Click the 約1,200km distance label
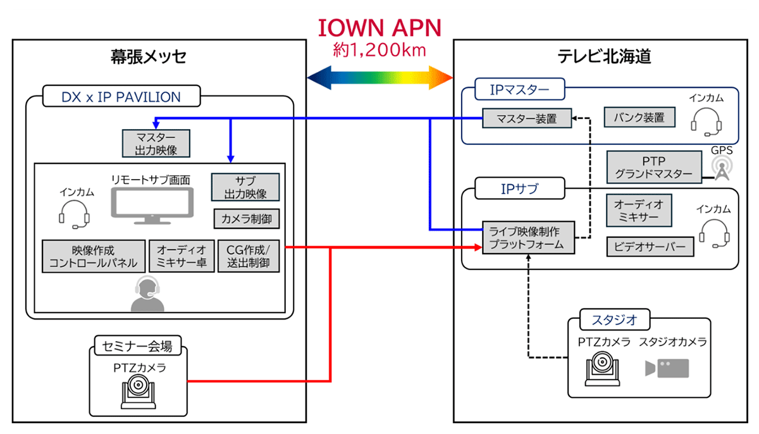(x=379, y=49)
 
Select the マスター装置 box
(x=526, y=118)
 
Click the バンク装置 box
(x=639, y=118)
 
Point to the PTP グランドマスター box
(x=654, y=167)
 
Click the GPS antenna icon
(x=720, y=168)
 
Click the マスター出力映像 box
(x=155, y=144)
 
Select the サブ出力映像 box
(x=245, y=187)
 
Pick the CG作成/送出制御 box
(x=248, y=256)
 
